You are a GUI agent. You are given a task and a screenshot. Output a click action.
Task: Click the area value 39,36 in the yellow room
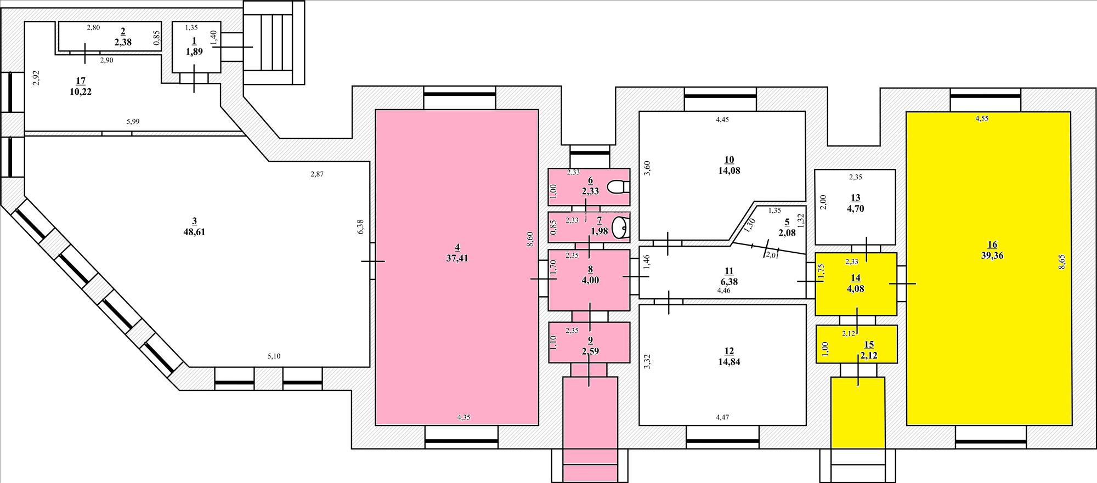coord(992,255)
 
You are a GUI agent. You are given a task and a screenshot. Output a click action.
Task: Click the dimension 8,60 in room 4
coord(530,240)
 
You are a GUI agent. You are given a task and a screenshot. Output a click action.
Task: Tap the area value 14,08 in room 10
coord(729,171)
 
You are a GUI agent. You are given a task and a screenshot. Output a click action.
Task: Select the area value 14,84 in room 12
coord(729,362)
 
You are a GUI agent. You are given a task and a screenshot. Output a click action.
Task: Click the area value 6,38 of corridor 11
coord(729,282)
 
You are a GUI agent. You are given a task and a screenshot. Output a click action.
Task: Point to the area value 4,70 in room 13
coord(856,208)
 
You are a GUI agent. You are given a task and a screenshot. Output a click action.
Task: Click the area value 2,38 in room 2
coord(122,42)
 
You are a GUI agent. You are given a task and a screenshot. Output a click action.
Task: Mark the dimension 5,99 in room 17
coord(133,122)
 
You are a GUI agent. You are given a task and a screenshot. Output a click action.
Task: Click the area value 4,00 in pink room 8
coord(590,280)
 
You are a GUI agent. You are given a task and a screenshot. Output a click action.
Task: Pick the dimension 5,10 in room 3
coord(274,356)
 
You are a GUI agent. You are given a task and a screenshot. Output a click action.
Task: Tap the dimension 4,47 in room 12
coord(722,418)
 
